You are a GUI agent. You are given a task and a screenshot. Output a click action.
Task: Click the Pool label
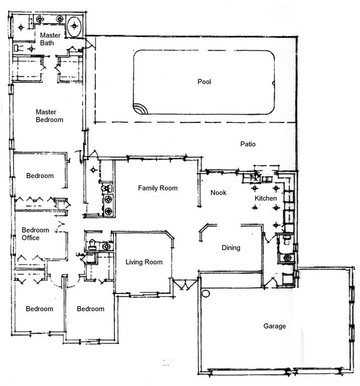pos(204,82)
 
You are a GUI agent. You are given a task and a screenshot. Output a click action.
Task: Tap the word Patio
pos(248,144)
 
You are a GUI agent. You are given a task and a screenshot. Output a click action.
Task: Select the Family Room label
pos(158,188)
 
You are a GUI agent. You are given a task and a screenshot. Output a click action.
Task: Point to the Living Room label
pos(144,262)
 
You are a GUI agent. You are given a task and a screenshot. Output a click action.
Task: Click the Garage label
pos(275,326)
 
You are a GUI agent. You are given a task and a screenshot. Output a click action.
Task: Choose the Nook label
pos(218,192)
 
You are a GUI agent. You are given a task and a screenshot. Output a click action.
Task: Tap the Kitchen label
pos(266,198)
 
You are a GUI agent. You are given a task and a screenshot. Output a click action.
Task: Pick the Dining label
pos(231,248)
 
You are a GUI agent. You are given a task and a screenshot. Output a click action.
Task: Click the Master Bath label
pos(50,39)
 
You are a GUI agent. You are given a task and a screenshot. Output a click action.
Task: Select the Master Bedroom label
pos(49,116)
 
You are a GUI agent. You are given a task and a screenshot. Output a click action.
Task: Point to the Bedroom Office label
pos(35,234)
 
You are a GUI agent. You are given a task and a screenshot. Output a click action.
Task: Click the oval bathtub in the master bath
pos(74,26)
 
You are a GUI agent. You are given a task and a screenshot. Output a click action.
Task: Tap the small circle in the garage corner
pos(205,294)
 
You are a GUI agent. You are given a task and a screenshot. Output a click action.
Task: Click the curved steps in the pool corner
pos(140,109)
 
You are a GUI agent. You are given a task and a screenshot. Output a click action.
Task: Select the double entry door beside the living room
pos(185,284)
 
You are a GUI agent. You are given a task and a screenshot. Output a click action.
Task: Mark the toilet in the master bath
pos(19,48)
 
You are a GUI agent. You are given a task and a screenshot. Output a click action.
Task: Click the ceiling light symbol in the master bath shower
pos(21,27)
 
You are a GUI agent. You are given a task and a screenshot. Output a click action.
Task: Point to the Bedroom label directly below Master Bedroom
pos(40,176)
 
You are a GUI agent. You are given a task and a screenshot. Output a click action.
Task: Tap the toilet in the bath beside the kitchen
pos(287,240)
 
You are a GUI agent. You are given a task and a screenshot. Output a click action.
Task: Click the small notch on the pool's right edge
pos(274,83)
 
